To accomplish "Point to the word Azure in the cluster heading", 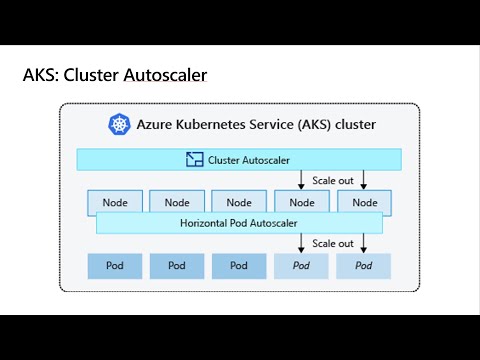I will point(157,125).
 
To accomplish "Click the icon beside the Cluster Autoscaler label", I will point(194,159).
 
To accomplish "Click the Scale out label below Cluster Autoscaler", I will point(332,181).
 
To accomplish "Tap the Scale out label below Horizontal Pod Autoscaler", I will point(332,243).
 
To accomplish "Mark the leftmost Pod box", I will point(114,265).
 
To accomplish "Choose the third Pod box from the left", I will point(239,265).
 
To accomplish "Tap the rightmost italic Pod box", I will point(364,265).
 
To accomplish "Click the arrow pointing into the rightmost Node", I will point(364,179).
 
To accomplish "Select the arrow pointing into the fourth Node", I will point(302,179).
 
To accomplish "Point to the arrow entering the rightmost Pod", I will point(364,243).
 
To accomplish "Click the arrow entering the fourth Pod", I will point(302,243).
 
